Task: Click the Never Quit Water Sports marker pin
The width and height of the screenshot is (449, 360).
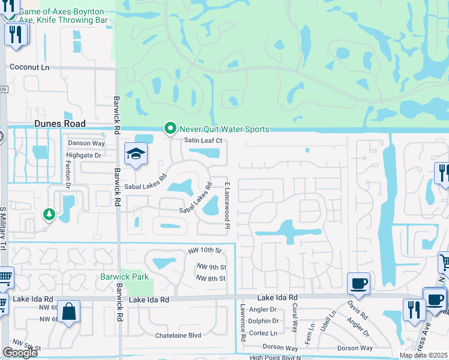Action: (x=170, y=128)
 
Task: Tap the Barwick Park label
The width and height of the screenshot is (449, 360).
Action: (x=124, y=277)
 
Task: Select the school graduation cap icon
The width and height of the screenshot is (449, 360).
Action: (x=135, y=154)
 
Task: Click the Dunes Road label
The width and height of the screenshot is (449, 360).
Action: (x=59, y=122)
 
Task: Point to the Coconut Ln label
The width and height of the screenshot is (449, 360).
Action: (x=29, y=67)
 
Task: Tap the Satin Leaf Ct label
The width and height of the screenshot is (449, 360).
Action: (x=203, y=140)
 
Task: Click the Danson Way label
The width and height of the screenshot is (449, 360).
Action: (x=86, y=143)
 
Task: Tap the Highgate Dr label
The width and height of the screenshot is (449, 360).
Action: (x=83, y=155)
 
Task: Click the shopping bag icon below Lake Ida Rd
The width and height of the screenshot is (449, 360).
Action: (x=69, y=312)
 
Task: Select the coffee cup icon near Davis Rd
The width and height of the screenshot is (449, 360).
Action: (x=358, y=283)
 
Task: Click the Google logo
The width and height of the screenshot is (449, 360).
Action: (x=19, y=353)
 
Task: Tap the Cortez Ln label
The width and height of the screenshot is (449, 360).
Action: (x=263, y=332)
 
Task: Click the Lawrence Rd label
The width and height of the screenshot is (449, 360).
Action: (x=243, y=329)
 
